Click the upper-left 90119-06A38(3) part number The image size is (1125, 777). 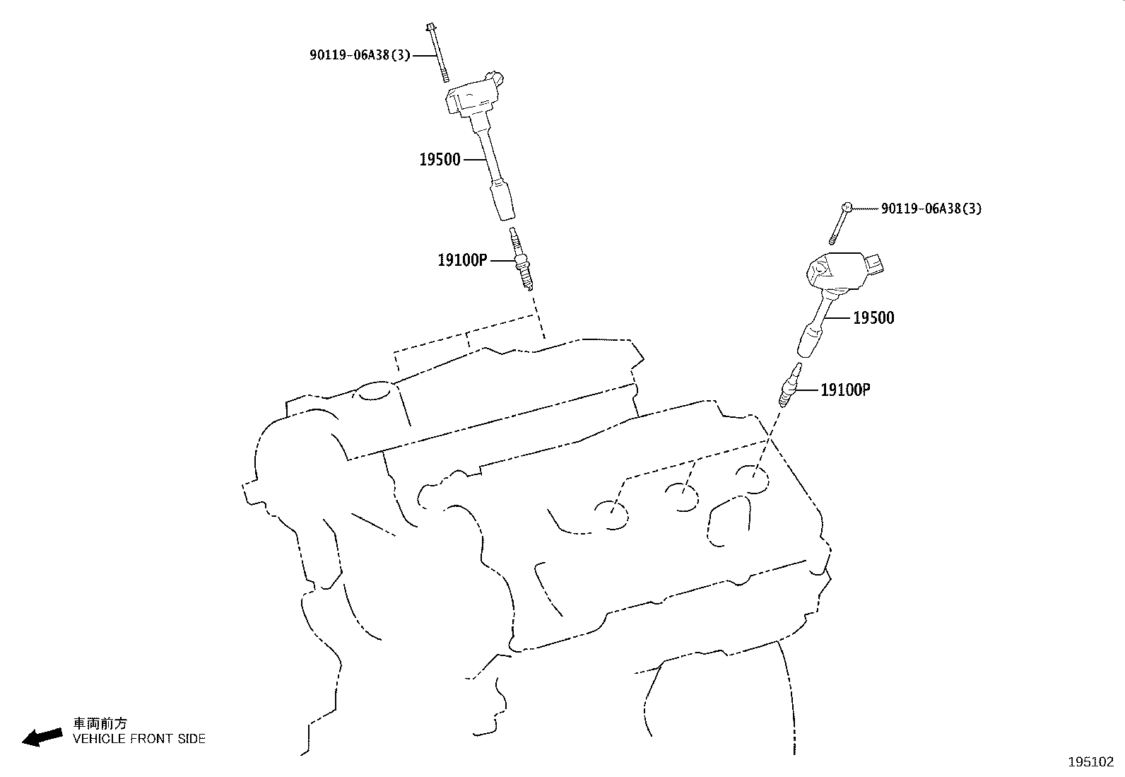coord(359,54)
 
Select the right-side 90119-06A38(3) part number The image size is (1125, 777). coord(931,209)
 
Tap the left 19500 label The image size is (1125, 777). coord(440,160)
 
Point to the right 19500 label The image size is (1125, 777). coord(873,318)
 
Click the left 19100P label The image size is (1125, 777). coord(462,260)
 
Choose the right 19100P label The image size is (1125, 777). coord(845,390)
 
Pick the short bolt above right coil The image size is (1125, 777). coord(840,223)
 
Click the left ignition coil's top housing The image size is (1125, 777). coord(475,95)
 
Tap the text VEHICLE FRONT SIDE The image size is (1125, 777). coord(139,739)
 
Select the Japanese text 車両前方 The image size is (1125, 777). coord(100,723)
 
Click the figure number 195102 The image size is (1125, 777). coord(1090,763)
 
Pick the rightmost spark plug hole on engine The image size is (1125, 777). coord(750,478)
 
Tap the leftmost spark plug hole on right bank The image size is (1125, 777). coord(611,514)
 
